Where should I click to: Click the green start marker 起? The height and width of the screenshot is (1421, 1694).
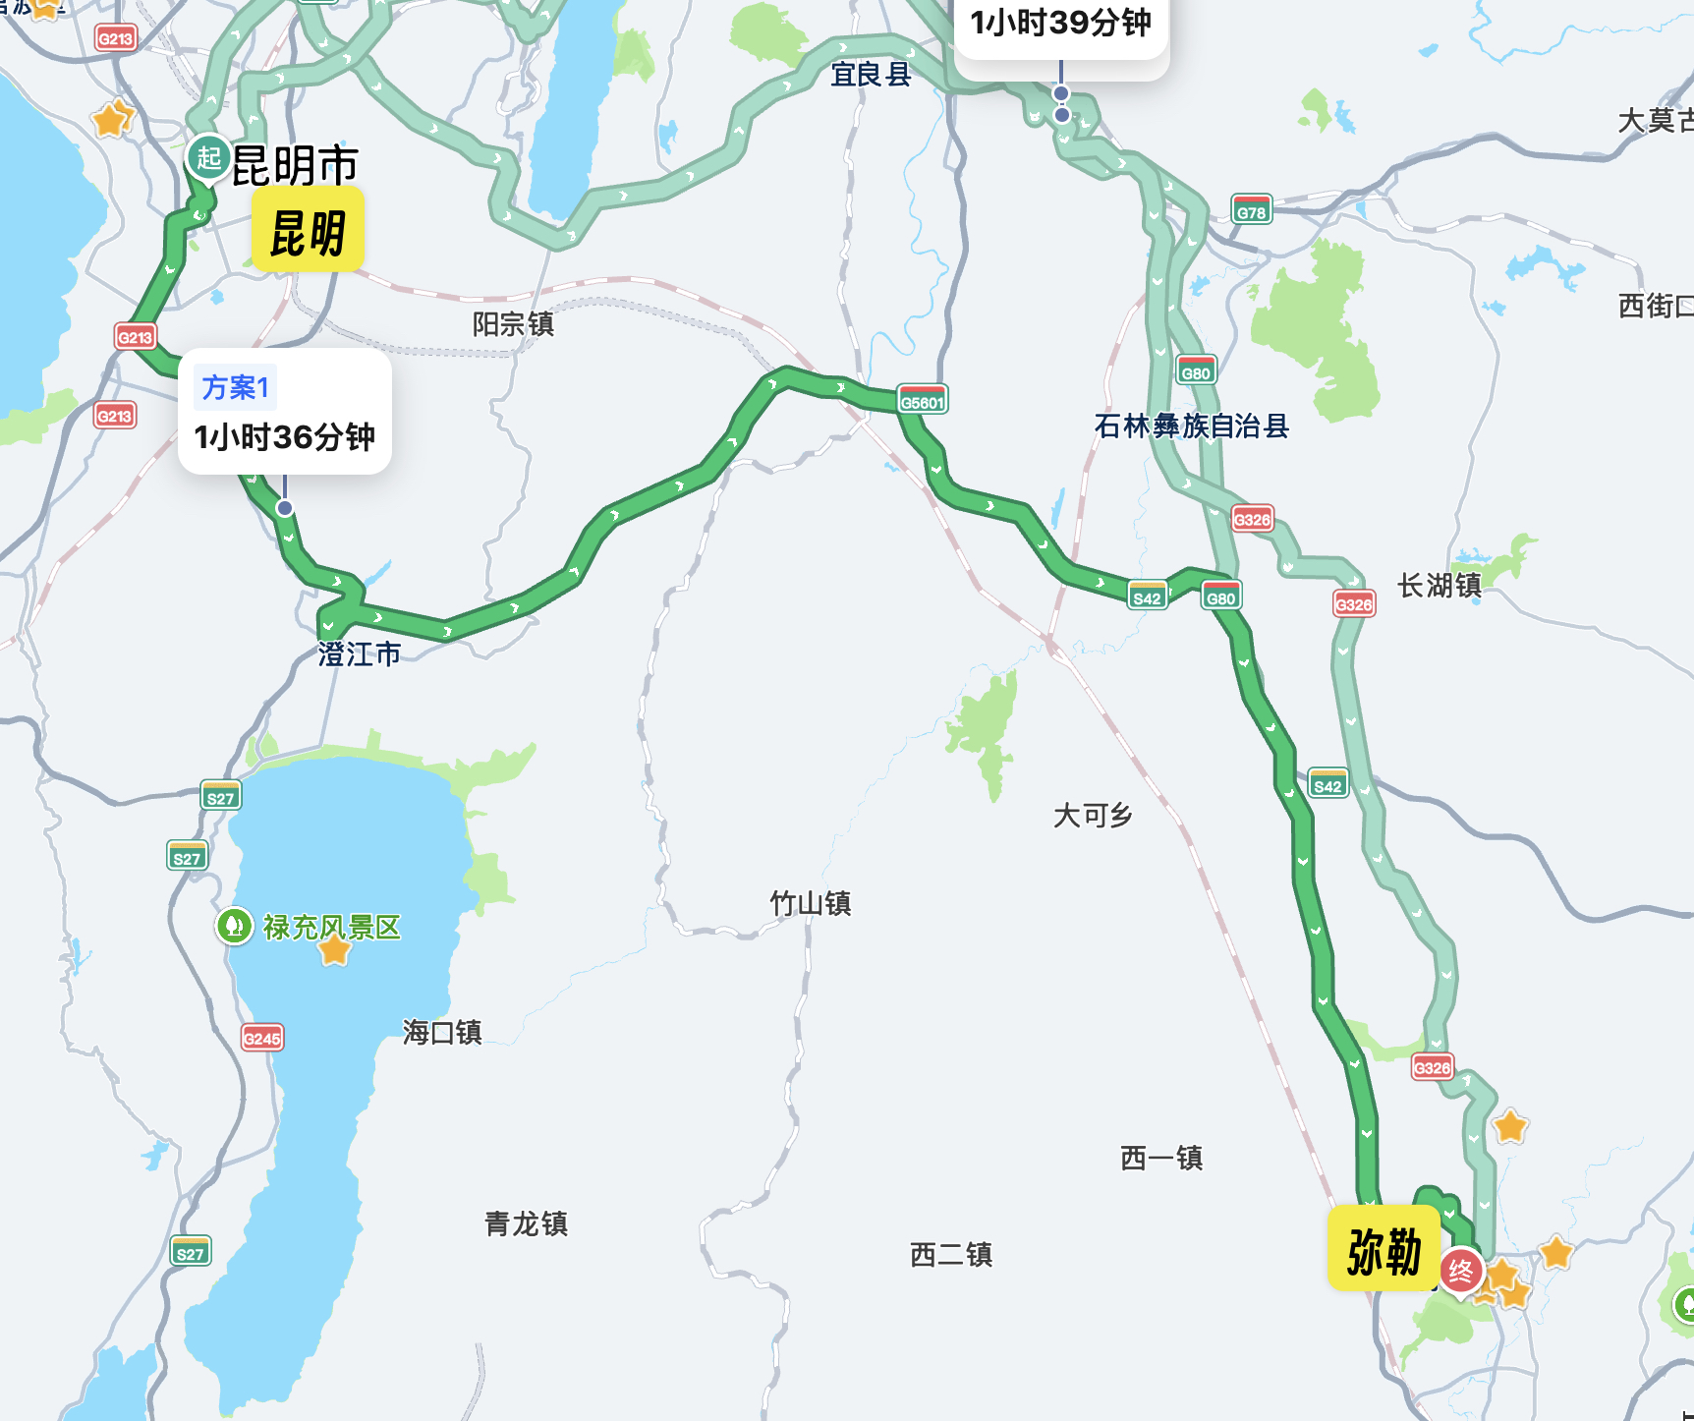click(208, 157)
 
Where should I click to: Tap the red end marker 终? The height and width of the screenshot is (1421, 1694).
click(1460, 1272)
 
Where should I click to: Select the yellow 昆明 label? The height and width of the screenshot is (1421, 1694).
click(308, 232)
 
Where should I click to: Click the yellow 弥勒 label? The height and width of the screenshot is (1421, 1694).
click(1383, 1250)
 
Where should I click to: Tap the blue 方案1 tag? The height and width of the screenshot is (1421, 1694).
click(236, 387)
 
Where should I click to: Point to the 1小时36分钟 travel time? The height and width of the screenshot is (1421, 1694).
click(285, 436)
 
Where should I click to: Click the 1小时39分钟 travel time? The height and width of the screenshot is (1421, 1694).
click(1060, 23)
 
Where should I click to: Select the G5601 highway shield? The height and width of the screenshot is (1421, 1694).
click(923, 400)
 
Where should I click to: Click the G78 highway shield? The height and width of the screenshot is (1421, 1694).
click(1251, 210)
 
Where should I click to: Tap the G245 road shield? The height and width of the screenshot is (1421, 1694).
click(262, 1037)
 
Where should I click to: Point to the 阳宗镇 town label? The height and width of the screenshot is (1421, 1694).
click(513, 324)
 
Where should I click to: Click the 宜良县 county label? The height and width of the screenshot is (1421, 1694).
click(871, 74)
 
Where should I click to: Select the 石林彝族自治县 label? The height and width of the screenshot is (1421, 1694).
click(1191, 426)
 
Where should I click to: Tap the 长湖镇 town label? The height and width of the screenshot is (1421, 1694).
click(1440, 586)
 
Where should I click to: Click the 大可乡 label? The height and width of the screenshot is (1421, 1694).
click(1093, 815)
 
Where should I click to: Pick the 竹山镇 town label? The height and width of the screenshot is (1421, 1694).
click(810, 903)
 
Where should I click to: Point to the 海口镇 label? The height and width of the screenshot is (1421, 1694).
click(442, 1032)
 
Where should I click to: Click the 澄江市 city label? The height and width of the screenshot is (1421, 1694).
click(360, 654)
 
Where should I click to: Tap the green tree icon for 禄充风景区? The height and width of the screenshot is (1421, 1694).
click(235, 926)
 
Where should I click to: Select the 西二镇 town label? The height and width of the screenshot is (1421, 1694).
click(951, 1254)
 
